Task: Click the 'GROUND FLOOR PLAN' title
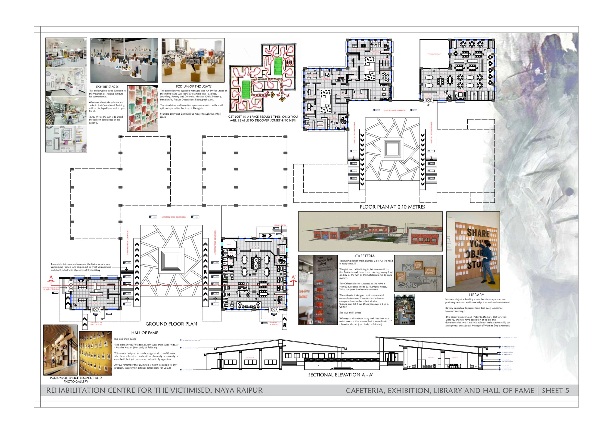pyautogui.click(x=171, y=324)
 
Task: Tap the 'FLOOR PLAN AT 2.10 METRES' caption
pyautogui.click(x=392, y=207)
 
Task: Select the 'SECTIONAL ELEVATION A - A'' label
pyautogui.click(x=340, y=375)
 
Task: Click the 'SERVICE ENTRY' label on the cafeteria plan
pyautogui.click(x=280, y=225)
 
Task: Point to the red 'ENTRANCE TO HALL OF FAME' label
pyautogui.click(x=96, y=323)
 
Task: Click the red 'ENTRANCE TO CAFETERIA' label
pyautogui.click(x=274, y=323)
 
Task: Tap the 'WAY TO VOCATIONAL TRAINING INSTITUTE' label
pyautogui.click(x=51, y=289)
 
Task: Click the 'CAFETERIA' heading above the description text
pyautogui.click(x=365, y=256)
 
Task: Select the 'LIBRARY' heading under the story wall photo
pyautogui.click(x=476, y=295)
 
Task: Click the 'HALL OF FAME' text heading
pyautogui.click(x=145, y=333)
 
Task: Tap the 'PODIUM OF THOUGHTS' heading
pyautogui.click(x=194, y=87)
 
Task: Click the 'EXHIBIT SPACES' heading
pyautogui.click(x=107, y=87)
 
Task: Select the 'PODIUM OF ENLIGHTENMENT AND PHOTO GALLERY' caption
pyautogui.click(x=76, y=379)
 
